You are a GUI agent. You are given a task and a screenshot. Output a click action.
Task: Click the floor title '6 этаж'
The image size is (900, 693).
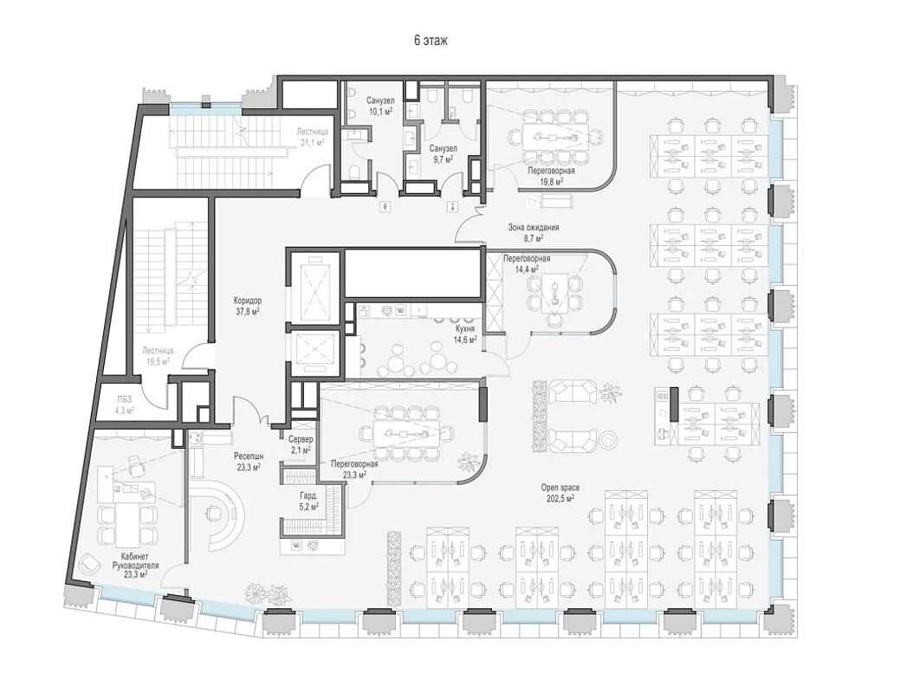tap(431, 41)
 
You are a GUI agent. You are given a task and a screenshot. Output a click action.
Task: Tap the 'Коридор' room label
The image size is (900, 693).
tap(248, 301)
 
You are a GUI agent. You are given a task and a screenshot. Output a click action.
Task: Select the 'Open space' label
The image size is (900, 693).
tap(560, 488)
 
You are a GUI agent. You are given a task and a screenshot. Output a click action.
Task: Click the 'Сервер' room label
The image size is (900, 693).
tap(301, 439)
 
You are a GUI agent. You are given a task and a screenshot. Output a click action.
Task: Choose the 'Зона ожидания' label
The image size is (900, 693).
tap(534, 227)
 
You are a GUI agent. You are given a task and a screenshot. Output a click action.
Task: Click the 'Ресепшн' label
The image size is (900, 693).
tap(249, 457)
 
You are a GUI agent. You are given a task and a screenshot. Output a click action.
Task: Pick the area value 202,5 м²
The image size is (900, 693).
tap(560, 498)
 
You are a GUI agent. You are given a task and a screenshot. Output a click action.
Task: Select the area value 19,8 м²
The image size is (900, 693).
tap(551, 181)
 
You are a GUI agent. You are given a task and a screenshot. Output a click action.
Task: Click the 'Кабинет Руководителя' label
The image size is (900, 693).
tap(135, 561)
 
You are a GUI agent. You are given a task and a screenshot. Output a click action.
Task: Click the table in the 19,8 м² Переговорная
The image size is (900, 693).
tap(550, 139)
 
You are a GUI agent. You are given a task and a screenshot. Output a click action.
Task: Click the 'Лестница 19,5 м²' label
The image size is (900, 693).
tap(158, 356)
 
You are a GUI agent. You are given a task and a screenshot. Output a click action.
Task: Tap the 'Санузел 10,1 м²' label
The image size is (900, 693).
tap(379, 106)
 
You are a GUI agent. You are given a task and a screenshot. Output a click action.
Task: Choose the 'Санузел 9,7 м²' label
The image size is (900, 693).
tap(443, 153)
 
